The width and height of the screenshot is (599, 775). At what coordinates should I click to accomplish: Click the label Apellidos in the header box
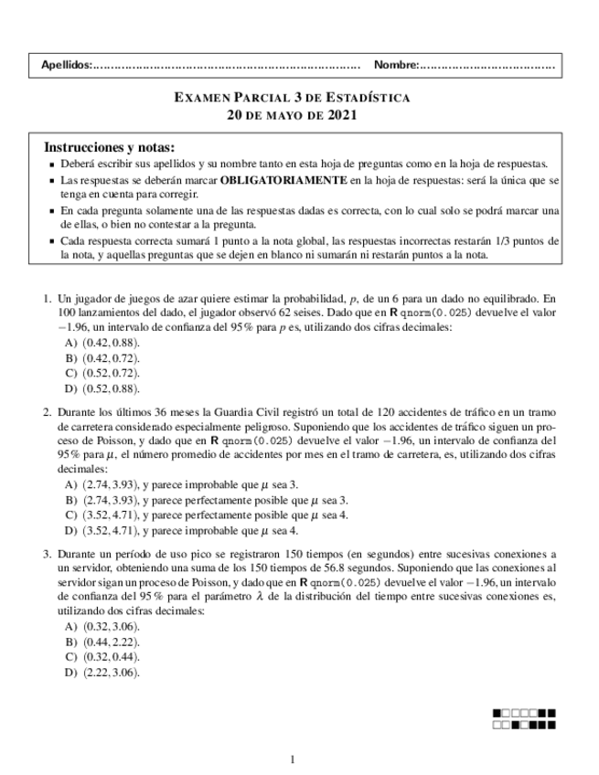67,66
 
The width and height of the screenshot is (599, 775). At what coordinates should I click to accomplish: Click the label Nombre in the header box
395,66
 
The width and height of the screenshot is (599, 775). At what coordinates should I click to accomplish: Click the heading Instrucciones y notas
109,147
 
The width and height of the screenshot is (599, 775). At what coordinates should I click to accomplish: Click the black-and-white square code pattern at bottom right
523,719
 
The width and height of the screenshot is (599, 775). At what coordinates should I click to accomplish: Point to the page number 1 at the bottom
292,759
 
